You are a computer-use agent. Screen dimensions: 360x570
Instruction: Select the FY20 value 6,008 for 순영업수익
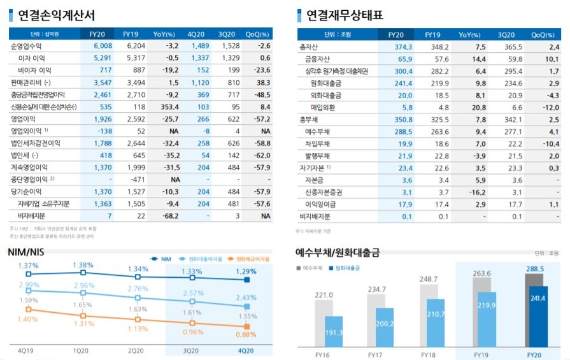[102, 47]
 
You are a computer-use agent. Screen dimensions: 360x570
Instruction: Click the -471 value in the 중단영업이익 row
[131, 180]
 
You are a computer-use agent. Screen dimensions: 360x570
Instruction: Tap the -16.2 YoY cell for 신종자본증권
[468, 192]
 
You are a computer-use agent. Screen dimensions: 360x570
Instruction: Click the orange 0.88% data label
[246, 334]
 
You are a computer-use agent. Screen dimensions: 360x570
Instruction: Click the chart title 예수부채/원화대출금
[338, 252]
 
